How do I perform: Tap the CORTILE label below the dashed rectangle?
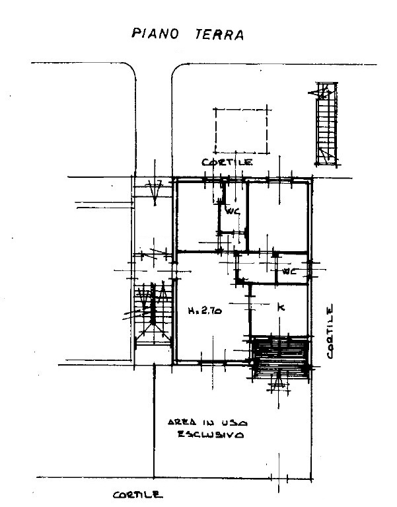click(x=227, y=162)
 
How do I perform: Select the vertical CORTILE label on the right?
click(x=330, y=332)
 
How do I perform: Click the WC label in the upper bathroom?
click(x=233, y=212)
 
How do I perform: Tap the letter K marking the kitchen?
click(x=281, y=308)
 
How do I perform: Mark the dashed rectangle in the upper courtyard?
click(x=240, y=130)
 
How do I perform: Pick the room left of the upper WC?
click(x=198, y=215)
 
